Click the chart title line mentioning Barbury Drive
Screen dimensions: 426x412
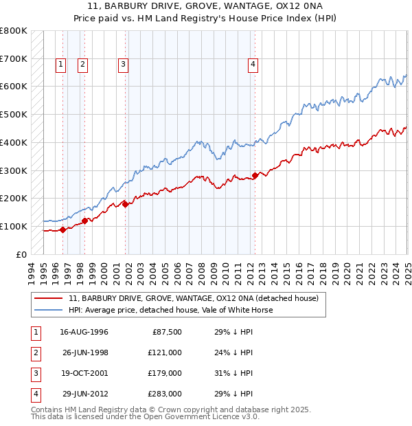(206, 8)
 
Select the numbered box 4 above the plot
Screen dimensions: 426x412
(253, 65)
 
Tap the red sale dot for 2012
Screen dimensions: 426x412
(255, 175)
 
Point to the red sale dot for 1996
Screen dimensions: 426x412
(62, 229)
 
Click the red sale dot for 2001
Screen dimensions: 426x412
(126, 204)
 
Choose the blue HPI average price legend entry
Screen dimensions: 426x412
(171, 310)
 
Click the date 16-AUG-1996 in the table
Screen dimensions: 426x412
(84, 331)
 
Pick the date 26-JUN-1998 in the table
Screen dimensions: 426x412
(84, 352)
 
